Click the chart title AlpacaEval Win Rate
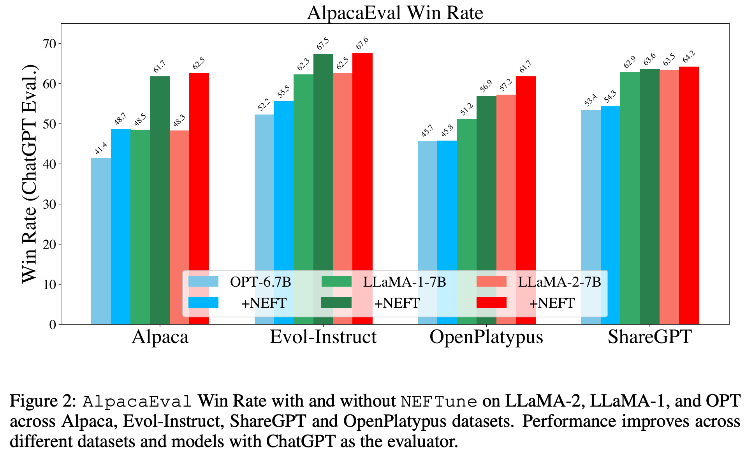click(395, 13)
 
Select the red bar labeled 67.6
click(362, 156)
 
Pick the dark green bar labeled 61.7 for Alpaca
click(160, 175)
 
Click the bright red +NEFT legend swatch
click(491, 303)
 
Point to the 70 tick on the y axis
click(50, 44)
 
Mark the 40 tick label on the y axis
click(50, 164)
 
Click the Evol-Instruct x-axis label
click(323, 337)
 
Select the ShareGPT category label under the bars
click(649, 337)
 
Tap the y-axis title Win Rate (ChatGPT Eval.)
click(29, 174)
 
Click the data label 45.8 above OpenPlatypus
click(447, 130)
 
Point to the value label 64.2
click(689, 57)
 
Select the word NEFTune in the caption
click(439, 401)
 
